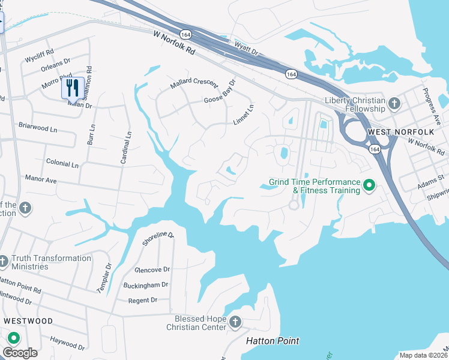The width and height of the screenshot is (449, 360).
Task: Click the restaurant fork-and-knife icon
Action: pyautogui.click(x=73, y=88)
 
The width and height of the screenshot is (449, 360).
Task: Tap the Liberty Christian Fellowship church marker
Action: pyautogui.click(x=394, y=104)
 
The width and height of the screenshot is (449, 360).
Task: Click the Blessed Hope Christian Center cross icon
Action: pyautogui.click(x=235, y=323)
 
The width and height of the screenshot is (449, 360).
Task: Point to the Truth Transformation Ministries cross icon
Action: pyautogui.click(x=3, y=262)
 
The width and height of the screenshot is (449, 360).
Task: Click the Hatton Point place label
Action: pyautogui.click(x=273, y=341)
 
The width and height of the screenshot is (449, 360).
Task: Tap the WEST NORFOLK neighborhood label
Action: pyautogui.click(x=393, y=131)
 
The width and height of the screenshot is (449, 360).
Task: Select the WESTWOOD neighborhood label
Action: pyautogui.click(x=28, y=321)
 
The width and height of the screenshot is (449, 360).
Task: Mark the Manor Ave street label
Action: pyautogui.click(x=41, y=179)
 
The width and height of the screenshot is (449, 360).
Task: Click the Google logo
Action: pyautogui.click(x=20, y=353)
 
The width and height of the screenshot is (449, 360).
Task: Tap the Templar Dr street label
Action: pyautogui.click(x=104, y=277)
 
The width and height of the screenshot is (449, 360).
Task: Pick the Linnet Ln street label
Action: pyautogui.click(x=244, y=115)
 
